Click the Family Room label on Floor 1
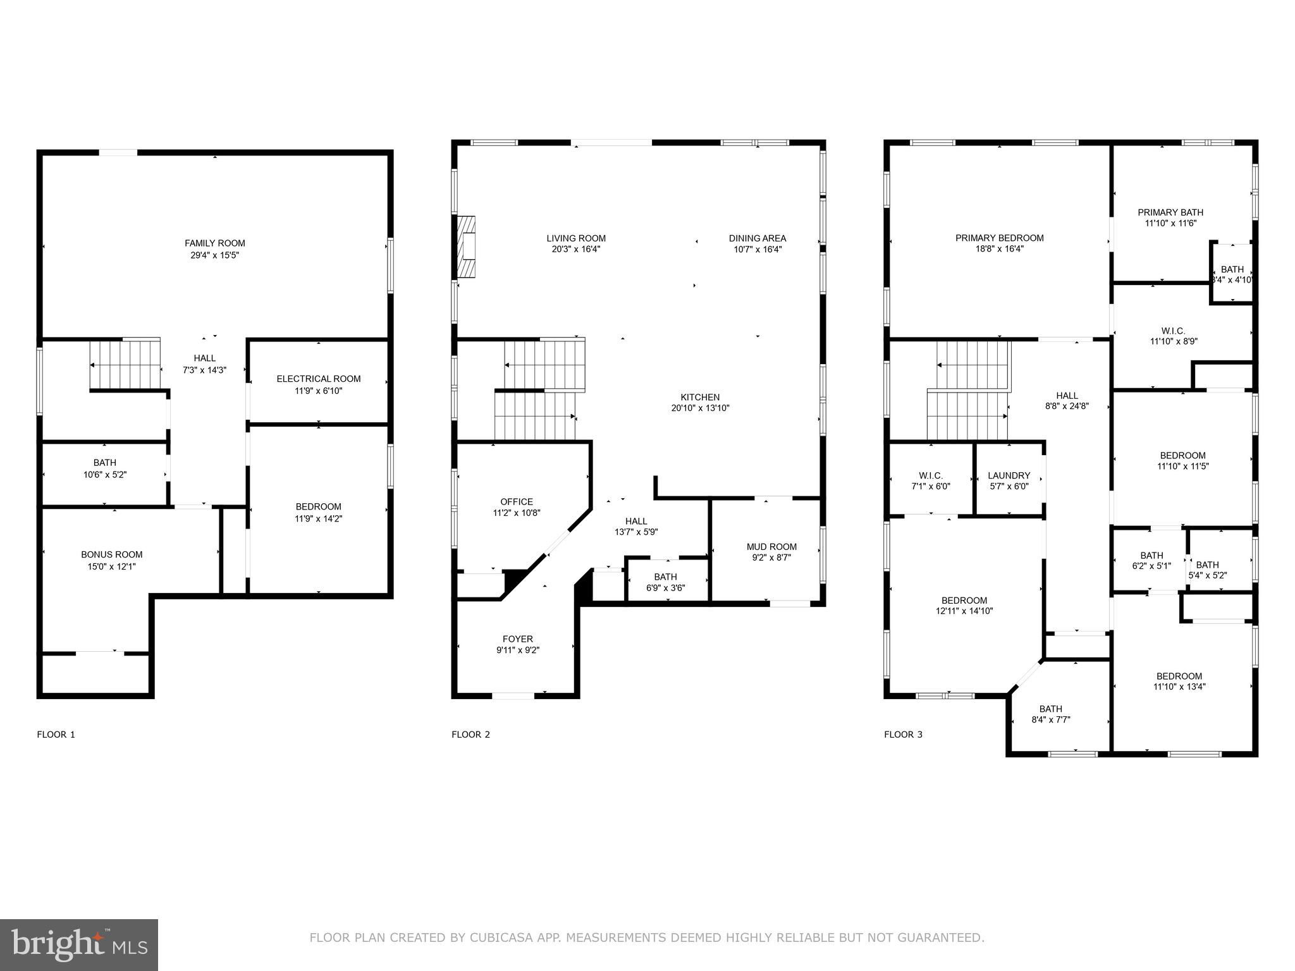pos(215,243)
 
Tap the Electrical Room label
pos(319,379)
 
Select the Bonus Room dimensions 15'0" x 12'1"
pos(112,566)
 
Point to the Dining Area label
pos(758,238)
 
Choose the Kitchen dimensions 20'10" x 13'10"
pos(701,408)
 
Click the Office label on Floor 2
pos(517,502)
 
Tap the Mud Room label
pos(771,547)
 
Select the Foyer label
pos(518,639)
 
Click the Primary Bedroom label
pos(1000,238)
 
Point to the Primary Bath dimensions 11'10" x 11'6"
pos(1170,223)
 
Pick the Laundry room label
pos(1009,475)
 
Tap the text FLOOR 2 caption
pos(471,735)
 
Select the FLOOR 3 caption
pos(904,735)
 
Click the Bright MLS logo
pos(79,944)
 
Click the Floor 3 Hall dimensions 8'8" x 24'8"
pos(1067,406)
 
